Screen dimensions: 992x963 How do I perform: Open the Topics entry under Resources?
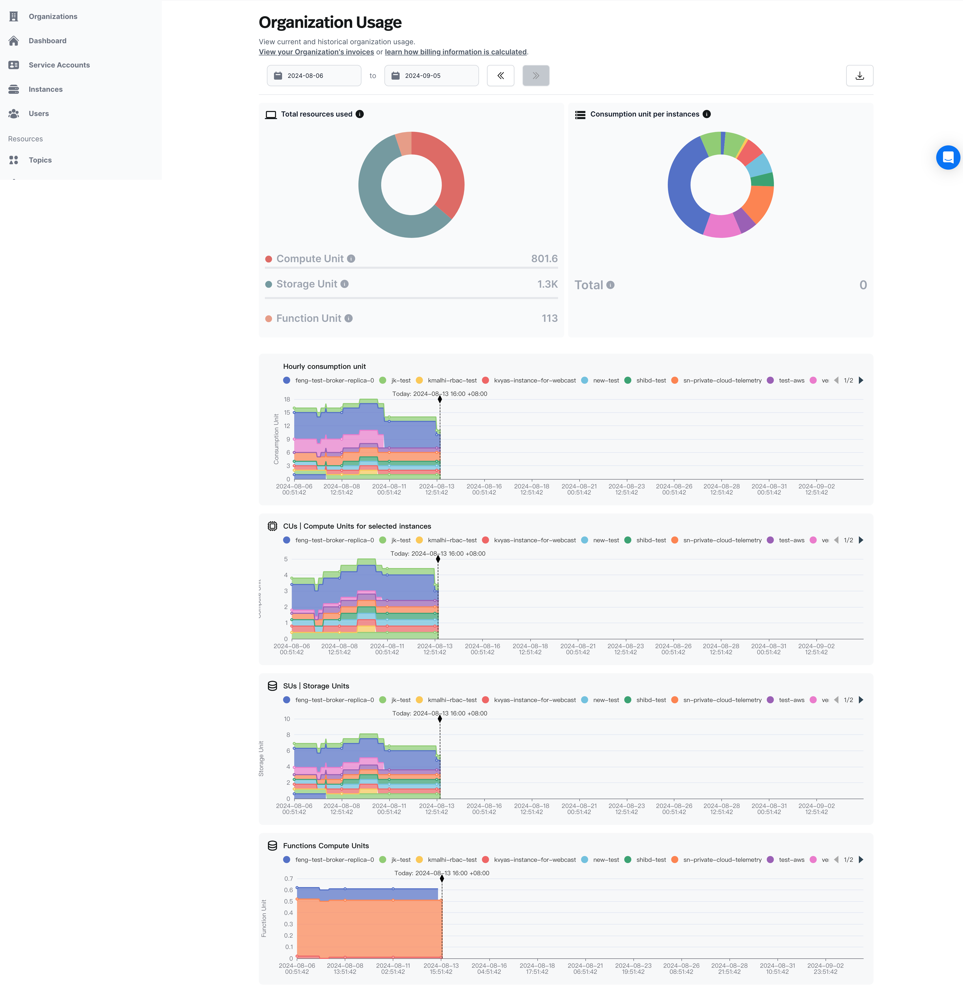(40, 160)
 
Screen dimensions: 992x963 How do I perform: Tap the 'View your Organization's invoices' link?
(316, 52)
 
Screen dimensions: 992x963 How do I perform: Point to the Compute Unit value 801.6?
(544, 259)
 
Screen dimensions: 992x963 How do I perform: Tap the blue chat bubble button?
(948, 157)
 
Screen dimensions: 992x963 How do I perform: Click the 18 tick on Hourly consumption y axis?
(287, 399)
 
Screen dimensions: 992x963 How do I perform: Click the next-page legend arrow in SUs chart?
(861, 700)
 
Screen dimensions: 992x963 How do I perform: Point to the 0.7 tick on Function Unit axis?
(288, 879)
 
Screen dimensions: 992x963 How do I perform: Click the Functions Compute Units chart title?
(326, 846)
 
